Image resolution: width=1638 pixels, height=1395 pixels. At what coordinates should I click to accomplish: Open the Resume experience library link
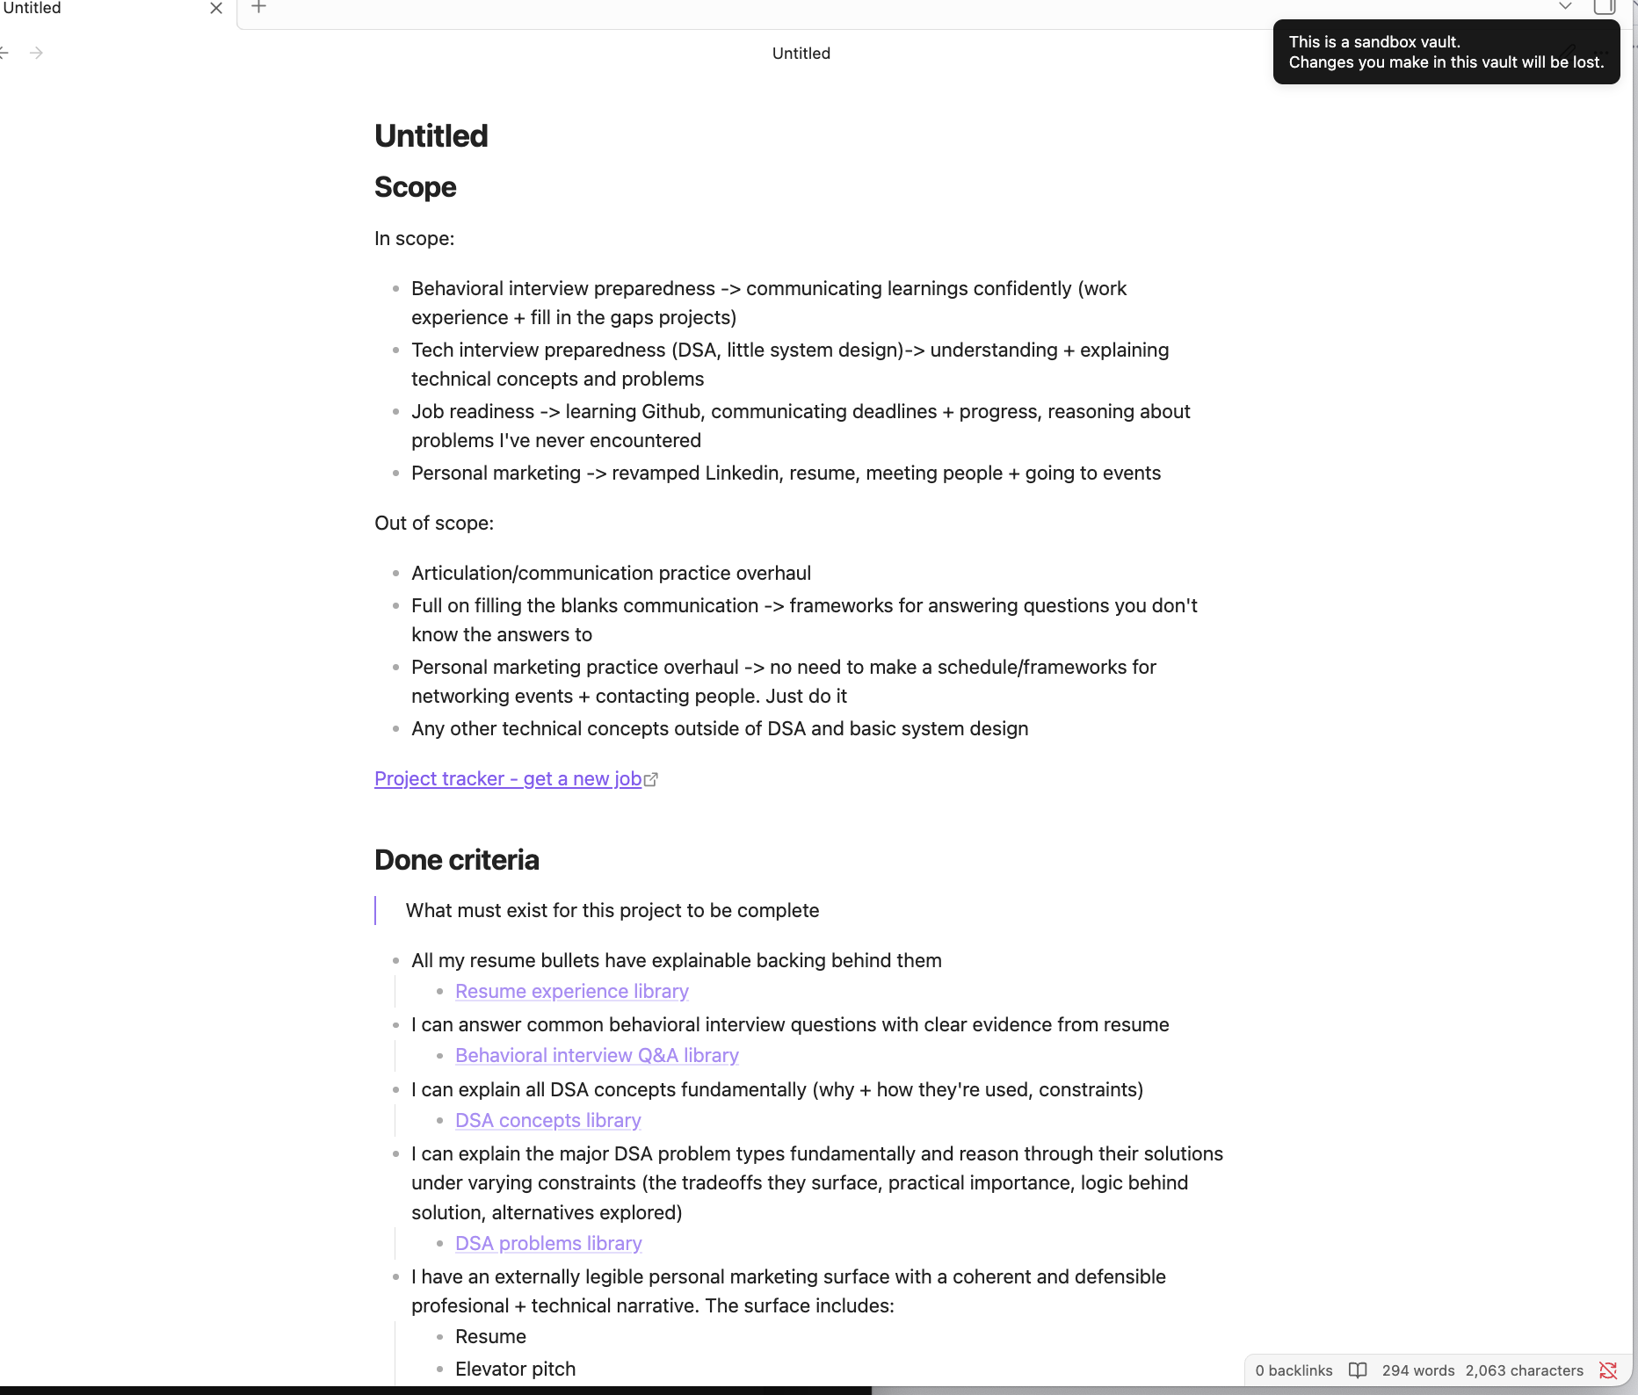[x=571, y=991]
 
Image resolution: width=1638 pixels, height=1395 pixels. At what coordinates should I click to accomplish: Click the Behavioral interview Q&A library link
[x=597, y=1055]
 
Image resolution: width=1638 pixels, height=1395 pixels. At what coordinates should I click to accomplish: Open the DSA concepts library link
[x=547, y=1120]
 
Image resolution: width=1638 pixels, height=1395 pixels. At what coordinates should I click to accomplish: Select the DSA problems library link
[x=548, y=1243]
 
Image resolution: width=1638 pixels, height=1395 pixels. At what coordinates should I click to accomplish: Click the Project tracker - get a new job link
[x=508, y=778]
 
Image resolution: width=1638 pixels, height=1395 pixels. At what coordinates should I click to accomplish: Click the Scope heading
[x=415, y=187]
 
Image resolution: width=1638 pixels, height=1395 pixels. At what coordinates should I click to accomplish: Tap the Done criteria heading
[x=456, y=859]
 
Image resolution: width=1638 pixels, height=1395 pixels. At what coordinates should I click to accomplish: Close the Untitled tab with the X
[x=216, y=9]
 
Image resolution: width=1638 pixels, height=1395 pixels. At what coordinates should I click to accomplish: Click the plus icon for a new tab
[x=259, y=8]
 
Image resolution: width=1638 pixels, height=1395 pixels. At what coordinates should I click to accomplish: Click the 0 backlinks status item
[x=1294, y=1370]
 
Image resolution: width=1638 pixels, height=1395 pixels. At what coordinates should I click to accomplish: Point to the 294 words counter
[x=1417, y=1370]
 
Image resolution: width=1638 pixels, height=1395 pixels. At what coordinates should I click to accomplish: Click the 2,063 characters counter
[x=1524, y=1370]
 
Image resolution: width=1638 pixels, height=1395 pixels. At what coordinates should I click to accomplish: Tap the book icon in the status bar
[x=1358, y=1370]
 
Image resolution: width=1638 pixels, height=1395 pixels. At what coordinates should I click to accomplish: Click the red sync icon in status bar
[x=1608, y=1370]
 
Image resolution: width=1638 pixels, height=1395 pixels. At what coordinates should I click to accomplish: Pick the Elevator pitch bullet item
[x=515, y=1369]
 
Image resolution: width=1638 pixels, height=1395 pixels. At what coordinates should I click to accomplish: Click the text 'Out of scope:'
[x=434, y=523]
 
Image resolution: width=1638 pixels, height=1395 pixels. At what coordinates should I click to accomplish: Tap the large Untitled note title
[x=431, y=136]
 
